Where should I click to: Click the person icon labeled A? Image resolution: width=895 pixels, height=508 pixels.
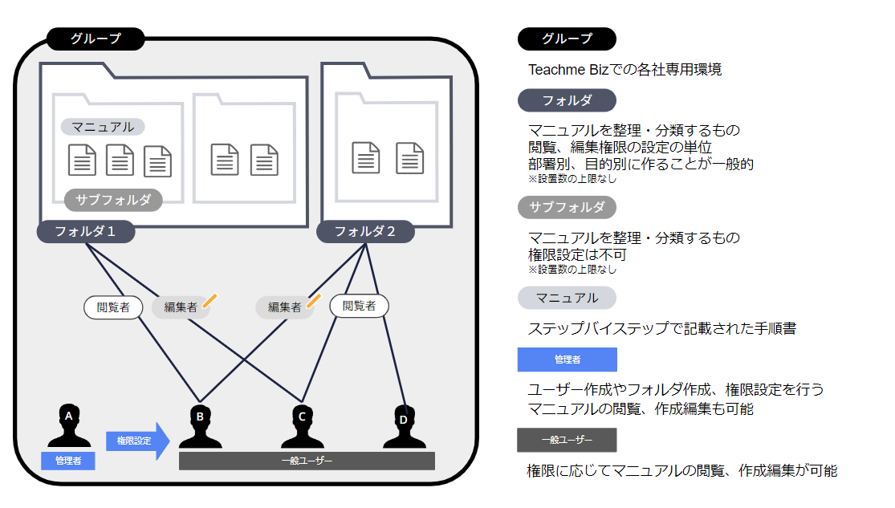pyautogui.click(x=68, y=426)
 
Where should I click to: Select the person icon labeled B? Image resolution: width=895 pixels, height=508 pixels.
pyautogui.click(x=200, y=426)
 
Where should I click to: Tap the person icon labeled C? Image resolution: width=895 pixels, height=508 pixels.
pyautogui.click(x=302, y=426)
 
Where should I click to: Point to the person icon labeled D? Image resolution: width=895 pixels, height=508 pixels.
pyautogui.click(x=404, y=426)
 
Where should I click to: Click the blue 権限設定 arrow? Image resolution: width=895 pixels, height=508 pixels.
pyautogui.click(x=137, y=441)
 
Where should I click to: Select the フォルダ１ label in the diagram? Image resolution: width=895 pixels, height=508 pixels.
pyautogui.click(x=85, y=232)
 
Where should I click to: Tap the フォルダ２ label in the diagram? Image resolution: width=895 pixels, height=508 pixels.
pyautogui.click(x=365, y=232)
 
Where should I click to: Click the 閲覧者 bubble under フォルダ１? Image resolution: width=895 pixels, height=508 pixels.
pyautogui.click(x=113, y=307)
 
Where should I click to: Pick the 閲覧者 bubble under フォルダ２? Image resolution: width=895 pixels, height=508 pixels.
pyautogui.click(x=359, y=306)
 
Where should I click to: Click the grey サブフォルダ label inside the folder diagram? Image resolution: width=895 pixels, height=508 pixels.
pyautogui.click(x=113, y=200)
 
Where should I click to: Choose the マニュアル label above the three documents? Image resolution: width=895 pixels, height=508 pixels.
pyautogui.click(x=103, y=127)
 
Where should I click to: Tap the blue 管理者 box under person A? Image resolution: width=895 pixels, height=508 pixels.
pyautogui.click(x=68, y=461)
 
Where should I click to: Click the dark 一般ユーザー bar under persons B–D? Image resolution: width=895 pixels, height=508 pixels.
pyautogui.click(x=307, y=461)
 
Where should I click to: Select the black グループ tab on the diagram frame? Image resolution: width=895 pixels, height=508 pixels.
pyautogui.click(x=96, y=38)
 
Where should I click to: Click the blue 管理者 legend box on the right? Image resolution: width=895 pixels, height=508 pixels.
pyautogui.click(x=568, y=360)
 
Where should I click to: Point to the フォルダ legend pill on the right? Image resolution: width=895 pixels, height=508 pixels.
pyautogui.click(x=567, y=100)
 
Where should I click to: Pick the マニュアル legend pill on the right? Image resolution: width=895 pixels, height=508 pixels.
pyautogui.click(x=567, y=298)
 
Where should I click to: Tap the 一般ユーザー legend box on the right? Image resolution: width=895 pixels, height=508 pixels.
pyautogui.click(x=567, y=440)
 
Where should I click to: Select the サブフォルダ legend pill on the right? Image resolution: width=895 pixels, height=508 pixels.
pyautogui.click(x=567, y=207)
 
